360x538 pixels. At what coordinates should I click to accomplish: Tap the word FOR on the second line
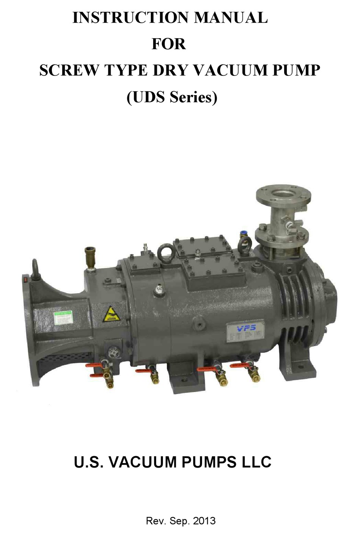169,44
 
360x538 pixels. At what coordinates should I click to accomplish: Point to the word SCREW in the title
69,70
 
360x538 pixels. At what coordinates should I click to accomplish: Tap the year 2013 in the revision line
204,521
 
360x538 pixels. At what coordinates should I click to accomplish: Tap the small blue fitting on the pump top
241,234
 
